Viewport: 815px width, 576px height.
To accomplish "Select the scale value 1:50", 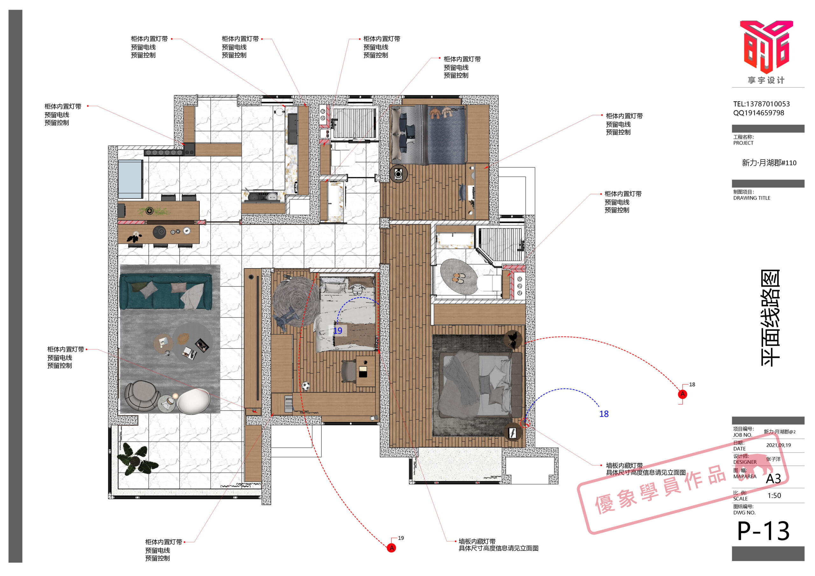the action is click(x=774, y=495).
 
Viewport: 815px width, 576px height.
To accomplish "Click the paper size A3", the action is click(x=774, y=479).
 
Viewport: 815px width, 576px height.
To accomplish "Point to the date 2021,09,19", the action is click(x=778, y=445).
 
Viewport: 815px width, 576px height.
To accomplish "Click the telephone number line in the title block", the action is click(x=762, y=104).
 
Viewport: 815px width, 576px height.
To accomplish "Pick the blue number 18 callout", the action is click(x=604, y=414).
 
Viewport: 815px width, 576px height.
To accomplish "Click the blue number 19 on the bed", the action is click(x=337, y=331).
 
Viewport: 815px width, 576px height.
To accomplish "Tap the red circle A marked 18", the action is click(x=682, y=394).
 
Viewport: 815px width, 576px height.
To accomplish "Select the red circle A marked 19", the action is click(x=392, y=548).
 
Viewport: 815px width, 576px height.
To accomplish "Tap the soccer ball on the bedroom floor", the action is click(x=305, y=386).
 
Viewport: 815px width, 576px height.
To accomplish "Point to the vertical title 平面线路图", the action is click(x=770, y=318).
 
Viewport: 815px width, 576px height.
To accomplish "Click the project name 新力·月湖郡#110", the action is click(x=769, y=163).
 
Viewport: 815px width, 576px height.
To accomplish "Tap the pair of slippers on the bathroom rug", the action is click(x=459, y=278).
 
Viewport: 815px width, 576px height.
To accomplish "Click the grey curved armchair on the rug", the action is click(x=142, y=397).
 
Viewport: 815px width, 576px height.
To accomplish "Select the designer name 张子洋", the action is click(x=774, y=459).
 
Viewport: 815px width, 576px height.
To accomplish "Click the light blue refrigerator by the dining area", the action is click(x=130, y=179).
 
